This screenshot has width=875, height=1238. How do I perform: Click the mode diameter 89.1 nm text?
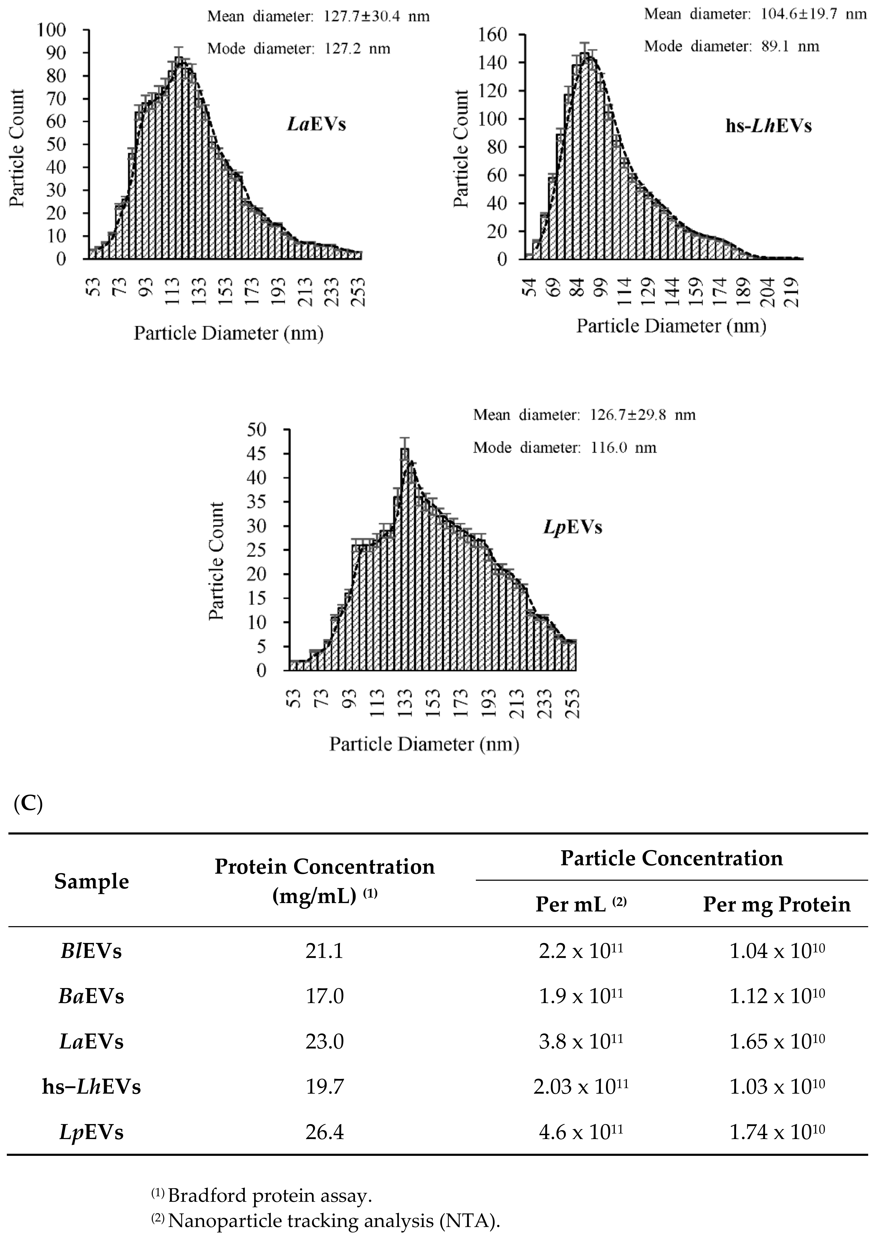[x=732, y=46]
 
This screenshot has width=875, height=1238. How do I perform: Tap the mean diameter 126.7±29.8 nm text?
[x=584, y=415]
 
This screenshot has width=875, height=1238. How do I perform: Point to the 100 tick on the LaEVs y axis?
[x=52, y=30]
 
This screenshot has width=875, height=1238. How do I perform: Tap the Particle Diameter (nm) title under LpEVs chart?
[x=424, y=744]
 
